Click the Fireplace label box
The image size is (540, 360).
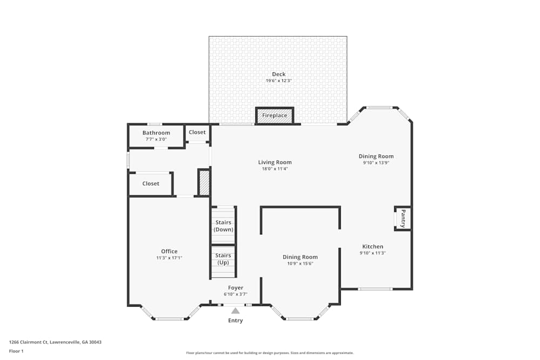pos(275,116)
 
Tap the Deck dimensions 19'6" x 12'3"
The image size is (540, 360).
pos(279,81)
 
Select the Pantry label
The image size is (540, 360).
pos(403,219)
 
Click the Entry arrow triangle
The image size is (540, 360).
pos(235,310)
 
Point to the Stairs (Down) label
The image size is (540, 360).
pos(224,226)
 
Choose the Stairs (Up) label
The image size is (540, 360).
pos(224,259)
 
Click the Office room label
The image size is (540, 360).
pos(169,252)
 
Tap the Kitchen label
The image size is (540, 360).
pos(373,247)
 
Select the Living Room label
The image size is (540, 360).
pos(275,162)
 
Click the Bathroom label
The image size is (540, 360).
pos(156,133)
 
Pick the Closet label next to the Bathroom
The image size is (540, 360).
pos(197,132)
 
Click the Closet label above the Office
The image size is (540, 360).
pos(151,184)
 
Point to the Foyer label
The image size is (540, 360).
pos(235,288)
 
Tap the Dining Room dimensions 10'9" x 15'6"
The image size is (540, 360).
pos(300,263)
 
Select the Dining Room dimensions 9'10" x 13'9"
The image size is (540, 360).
pos(376,162)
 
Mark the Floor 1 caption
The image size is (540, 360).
pos(16,351)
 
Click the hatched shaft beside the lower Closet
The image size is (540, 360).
pos(204,182)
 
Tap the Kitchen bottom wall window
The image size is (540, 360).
pos(375,289)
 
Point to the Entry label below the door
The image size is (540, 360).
pos(235,321)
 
